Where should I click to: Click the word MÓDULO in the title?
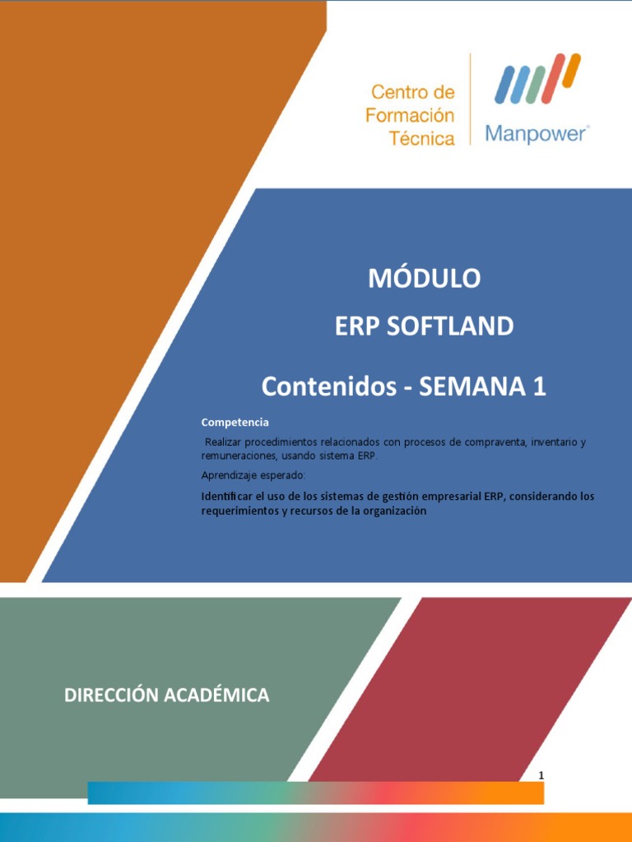click(x=424, y=279)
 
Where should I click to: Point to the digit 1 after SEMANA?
click(x=538, y=386)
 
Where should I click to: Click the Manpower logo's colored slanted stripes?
click(x=536, y=79)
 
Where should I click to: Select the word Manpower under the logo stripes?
click(x=536, y=133)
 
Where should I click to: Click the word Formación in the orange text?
click(x=410, y=114)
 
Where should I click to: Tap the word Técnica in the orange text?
click(x=422, y=138)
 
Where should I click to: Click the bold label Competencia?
click(x=235, y=422)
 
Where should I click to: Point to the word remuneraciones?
click(x=239, y=456)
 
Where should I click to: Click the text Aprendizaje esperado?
click(x=253, y=475)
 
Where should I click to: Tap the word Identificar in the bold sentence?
click(x=230, y=497)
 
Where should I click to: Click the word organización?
click(x=392, y=511)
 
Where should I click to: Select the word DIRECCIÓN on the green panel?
click(x=112, y=696)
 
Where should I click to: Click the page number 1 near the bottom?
click(x=541, y=775)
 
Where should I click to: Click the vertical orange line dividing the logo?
click(x=471, y=99)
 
